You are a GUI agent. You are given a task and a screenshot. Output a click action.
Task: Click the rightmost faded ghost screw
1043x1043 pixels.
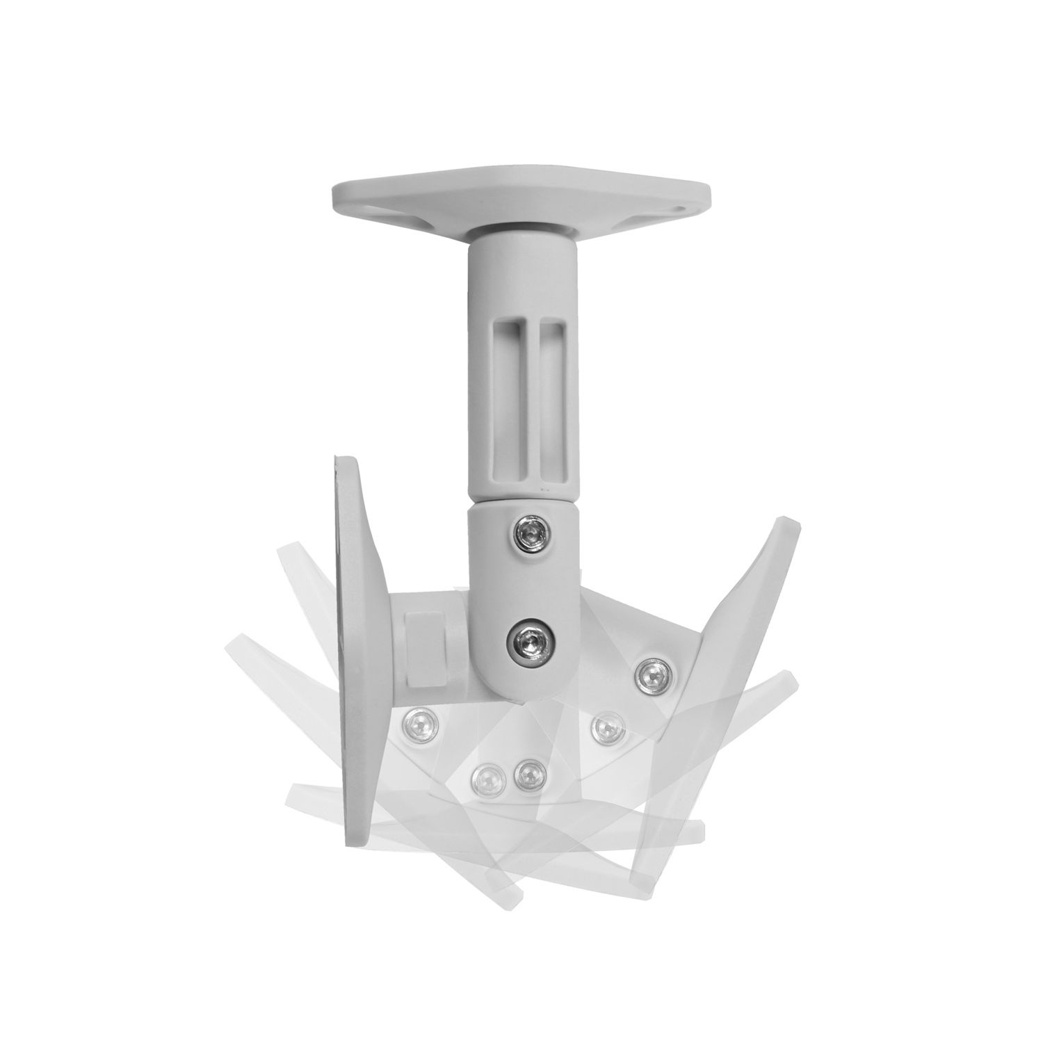tap(608, 727)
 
